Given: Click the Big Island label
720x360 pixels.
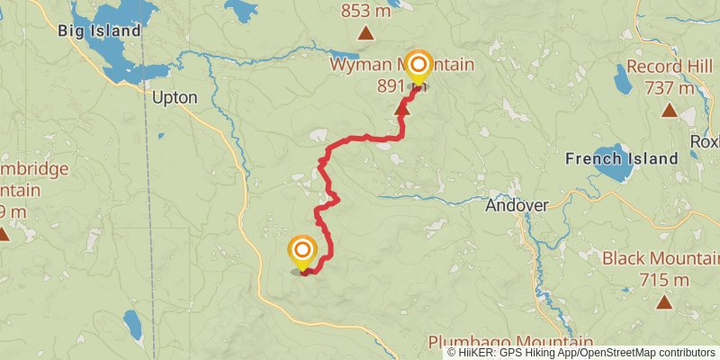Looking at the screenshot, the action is click(100, 31).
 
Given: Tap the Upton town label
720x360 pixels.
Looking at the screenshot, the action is click(175, 98).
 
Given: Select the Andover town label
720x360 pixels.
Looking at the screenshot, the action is click(517, 205).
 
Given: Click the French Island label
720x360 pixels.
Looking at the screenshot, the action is click(621, 158).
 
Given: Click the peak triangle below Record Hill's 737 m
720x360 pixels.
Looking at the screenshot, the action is click(669, 110).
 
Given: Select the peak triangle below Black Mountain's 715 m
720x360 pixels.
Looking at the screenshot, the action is click(663, 301).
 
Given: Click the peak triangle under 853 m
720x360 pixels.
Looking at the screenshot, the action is click(365, 33).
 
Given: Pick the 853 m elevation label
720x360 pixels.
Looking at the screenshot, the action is click(366, 12).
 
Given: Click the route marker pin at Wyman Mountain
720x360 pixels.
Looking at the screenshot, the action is click(418, 64).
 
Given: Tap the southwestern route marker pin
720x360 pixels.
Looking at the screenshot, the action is click(302, 250).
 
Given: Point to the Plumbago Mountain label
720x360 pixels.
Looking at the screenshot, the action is click(510, 343).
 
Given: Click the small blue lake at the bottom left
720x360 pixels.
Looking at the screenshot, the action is click(133, 325).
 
